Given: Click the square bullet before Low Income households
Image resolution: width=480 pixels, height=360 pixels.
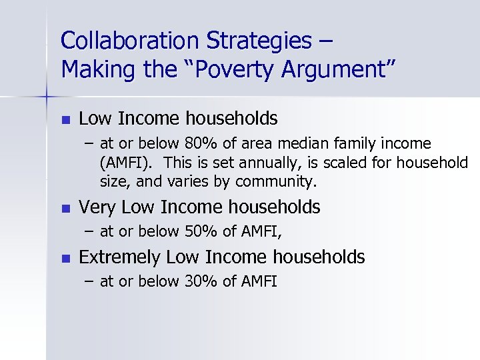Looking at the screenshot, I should (x=64, y=119).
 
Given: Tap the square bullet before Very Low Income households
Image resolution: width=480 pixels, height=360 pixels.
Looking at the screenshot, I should (x=64, y=208).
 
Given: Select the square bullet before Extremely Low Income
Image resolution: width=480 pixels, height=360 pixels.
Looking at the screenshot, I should (x=64, y=257).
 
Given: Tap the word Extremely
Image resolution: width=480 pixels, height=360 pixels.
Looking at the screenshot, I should (x=119, y=257).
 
